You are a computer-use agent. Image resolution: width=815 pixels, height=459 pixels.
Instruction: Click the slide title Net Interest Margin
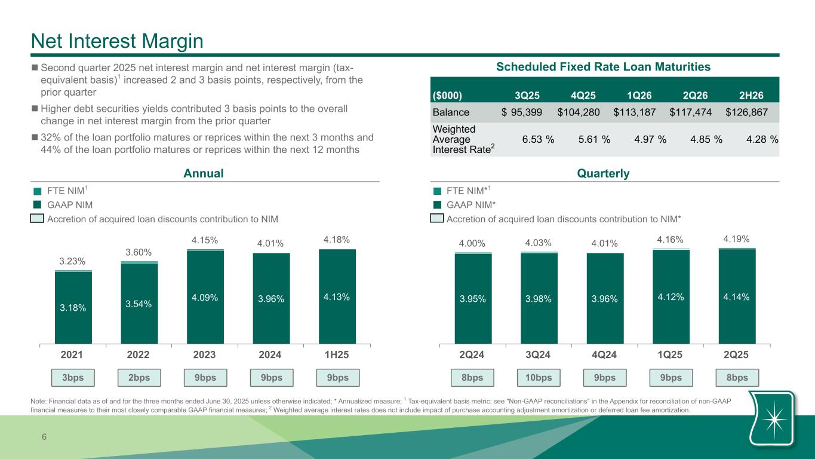tap(118, 41)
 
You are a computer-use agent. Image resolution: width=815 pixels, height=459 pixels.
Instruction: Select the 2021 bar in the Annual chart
tap(73, 307)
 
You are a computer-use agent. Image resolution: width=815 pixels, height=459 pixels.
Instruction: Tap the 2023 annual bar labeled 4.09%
tap(205, 297)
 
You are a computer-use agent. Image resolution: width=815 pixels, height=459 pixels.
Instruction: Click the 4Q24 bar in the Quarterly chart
tap(605, 298)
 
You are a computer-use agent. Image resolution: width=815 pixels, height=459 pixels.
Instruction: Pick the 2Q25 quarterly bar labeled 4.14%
tap(737, 296)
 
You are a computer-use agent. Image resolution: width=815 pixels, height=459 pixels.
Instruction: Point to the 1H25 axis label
tap(337, 354)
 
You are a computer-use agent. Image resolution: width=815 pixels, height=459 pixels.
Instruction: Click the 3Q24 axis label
tap(539, 354)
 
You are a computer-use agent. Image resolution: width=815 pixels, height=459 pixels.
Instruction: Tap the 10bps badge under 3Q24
tap(539, 378)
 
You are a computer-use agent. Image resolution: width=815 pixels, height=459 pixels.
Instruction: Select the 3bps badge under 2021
tap(73, 378)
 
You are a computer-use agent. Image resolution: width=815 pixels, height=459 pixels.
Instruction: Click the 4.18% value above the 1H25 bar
tap(337, 239)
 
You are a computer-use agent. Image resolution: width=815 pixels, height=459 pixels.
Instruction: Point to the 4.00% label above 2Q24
tap(472, 243)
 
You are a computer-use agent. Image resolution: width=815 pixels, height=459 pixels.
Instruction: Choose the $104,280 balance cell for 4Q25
tap(579, 112)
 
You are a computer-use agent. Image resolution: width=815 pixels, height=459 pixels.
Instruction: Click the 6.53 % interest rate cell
tap(537, 139)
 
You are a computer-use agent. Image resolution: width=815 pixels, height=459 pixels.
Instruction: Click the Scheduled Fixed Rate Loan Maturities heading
tap(603, 67)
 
